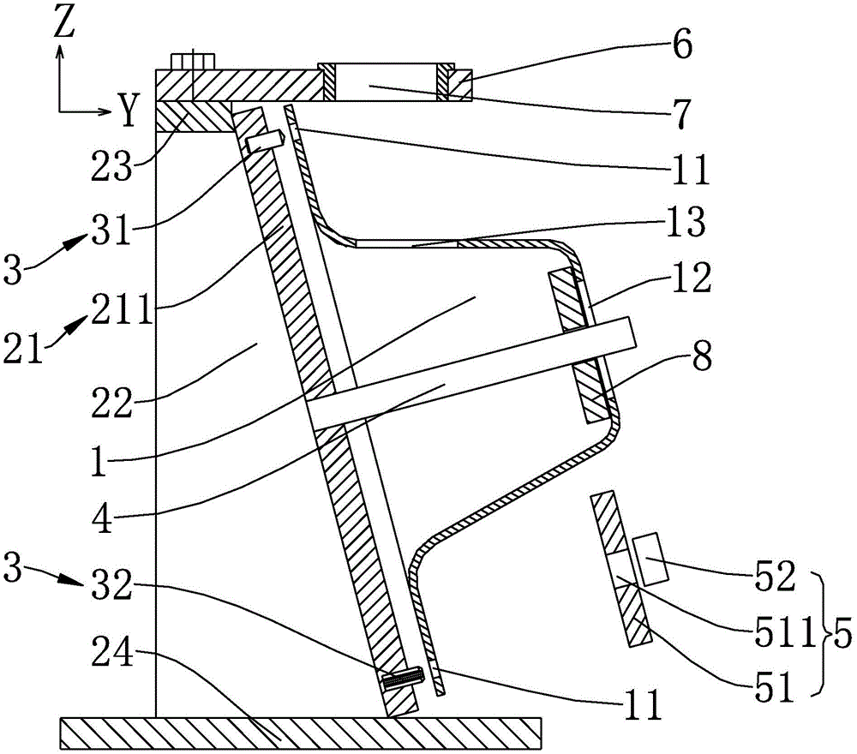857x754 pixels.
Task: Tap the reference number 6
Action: [682, 45]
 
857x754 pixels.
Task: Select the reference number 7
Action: [682, 114]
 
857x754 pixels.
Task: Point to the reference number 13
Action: [686, 222]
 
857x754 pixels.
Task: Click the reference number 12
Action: [691, 278]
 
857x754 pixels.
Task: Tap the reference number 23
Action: [111, 165]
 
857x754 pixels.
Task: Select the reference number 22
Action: [111, 404]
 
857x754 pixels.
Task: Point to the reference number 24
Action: [112, 650]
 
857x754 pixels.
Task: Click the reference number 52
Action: [774, 577]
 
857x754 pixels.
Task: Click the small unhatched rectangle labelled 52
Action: [651, 559]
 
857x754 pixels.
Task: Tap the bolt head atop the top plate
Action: [192, 61]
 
